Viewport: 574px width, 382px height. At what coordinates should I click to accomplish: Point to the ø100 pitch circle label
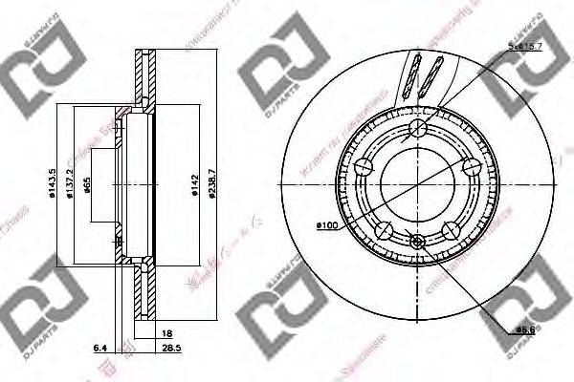point(325,225)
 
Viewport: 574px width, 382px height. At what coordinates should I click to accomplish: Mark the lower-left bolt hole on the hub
point(383,230)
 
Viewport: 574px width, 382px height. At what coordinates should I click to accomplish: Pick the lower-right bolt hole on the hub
point(450,230)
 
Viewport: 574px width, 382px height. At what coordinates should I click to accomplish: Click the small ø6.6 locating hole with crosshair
point(416,243)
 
